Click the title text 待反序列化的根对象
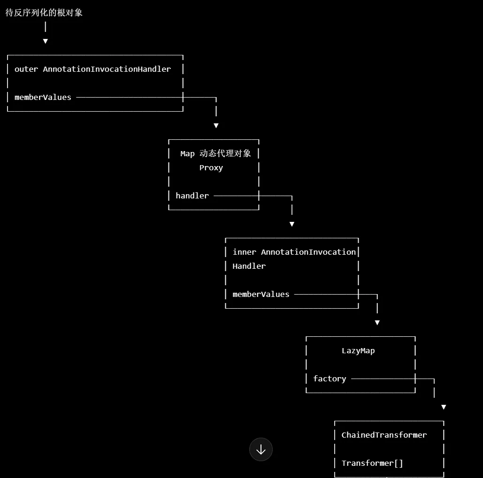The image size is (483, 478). (x=44, y=13)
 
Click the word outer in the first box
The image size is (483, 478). (x=26, y=69)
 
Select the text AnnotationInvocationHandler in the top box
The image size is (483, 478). (x=107, y=69)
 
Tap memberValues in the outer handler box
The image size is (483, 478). (x=43, y=97)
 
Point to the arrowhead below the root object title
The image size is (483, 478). (x=45, y=41)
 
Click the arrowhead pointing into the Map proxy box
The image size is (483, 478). (x=216, y=126)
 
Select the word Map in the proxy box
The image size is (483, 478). (x=187, y=153)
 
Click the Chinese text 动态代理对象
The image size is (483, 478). (x=225, y=153)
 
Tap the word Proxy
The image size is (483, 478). (x=211, y=168)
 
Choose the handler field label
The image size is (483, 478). (x=192, y=196)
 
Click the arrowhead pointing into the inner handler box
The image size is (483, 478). (x=291, y=224)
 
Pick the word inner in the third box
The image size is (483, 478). (x=244, y=252)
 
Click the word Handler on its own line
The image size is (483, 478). (x=249, y=266)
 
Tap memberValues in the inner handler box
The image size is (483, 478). (x=261, y=294)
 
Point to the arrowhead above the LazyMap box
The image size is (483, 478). (x=377, y=323)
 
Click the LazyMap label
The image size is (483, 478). (x=358, y=351)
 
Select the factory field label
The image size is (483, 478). (x=330, y=379)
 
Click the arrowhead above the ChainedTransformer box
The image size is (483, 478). (x=444, y=407)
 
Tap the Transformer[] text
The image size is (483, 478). (x=372, y=463)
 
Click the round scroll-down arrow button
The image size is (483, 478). (x=261, y=449)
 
